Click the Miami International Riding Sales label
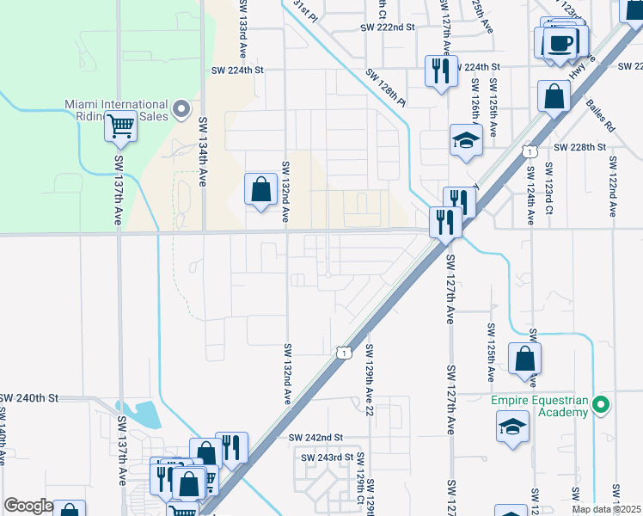[x=116, y=110]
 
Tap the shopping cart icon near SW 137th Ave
[x=120, y=127]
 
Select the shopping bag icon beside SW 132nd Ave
[x=260, y=189]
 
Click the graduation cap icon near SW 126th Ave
[x=465, y=140]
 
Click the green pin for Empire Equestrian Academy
[x=601, y=403]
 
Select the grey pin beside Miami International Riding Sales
[x=181, y=109]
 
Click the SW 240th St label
[x=29, y=398]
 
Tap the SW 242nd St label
[x=315, y=437]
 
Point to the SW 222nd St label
[x=388, y=28]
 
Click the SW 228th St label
[x=581, y=147]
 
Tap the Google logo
[x=28, y=506]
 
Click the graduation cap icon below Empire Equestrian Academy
[x=512, y=426]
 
